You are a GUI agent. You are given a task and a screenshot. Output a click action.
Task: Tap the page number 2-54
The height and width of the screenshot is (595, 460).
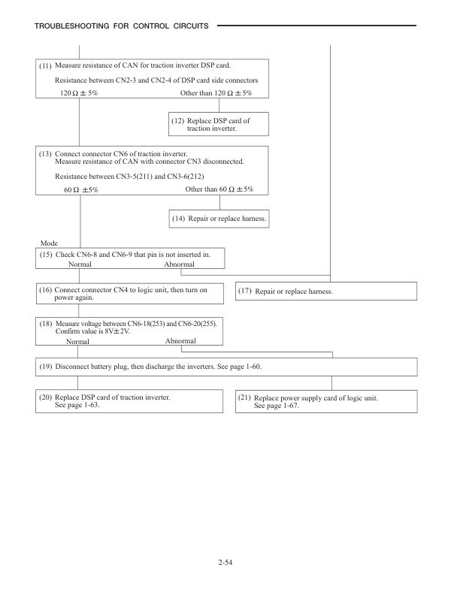(x=229, y=560)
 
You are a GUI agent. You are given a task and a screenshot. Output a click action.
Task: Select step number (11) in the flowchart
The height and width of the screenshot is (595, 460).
(x=45, y=67)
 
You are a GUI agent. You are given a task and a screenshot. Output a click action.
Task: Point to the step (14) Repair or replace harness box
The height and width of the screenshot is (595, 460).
(x=219, y=219)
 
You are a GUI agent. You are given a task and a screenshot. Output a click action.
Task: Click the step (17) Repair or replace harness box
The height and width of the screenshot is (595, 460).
(x=325, y=291)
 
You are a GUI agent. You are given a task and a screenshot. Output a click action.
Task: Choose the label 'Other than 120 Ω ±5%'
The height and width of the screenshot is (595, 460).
(x=216, y=92)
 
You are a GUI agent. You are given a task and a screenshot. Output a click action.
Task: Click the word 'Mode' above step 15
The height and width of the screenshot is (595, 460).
(x=47, y=244)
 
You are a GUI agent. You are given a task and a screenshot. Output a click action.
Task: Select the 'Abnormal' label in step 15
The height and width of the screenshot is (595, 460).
(x=180, y=264)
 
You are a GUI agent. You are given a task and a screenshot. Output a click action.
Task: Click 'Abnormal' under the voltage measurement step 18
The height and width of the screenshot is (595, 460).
(x=180, y=340)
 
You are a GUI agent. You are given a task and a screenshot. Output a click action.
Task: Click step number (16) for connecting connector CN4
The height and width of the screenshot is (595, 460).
(x=45, y=289)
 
